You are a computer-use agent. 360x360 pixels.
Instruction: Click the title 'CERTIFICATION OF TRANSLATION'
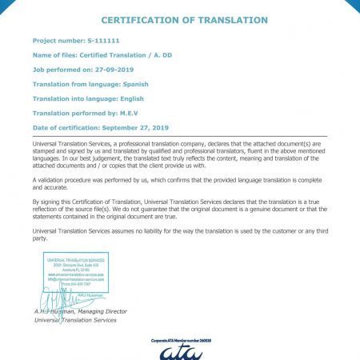point(185,19)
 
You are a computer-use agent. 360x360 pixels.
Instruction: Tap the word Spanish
point(132,83)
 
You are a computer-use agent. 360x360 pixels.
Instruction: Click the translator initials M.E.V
point(130,113)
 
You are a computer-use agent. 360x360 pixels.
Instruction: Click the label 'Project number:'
point(59,39)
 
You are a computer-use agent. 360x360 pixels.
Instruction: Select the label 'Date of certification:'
point(65,128)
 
